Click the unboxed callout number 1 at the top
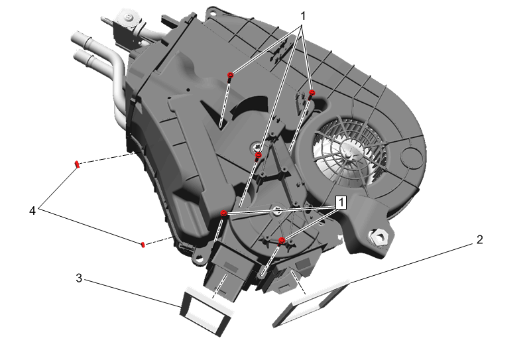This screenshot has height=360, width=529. click(303, 16)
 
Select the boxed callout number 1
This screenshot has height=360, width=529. click(341, 202)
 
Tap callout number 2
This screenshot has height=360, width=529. click(479, 240)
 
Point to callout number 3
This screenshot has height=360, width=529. click(79, 278)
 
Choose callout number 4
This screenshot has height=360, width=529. click(32, 211)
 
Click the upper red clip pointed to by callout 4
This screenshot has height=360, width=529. click(77, 164)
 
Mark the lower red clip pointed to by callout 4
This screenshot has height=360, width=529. click(143, 244)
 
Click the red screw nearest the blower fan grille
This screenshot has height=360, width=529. click(312, 93)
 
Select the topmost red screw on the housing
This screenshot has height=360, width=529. click(231, 76)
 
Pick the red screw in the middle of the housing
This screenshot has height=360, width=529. click(259, 156)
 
